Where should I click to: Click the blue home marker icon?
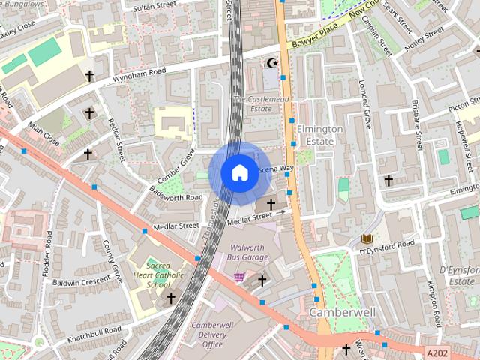click(239, 172)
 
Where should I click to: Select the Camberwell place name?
click(337, 311)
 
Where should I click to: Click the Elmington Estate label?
click(320, 134)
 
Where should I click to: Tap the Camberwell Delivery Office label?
click(212, 334)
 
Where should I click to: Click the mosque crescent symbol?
click(271, 64)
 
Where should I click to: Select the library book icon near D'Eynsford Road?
click(367, 238)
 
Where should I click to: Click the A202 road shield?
click(439, 352)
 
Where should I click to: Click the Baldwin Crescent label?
click(82, 282)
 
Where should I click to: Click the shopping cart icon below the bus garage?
click(239, 277)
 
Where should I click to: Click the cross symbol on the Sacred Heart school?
click(171, 298)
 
